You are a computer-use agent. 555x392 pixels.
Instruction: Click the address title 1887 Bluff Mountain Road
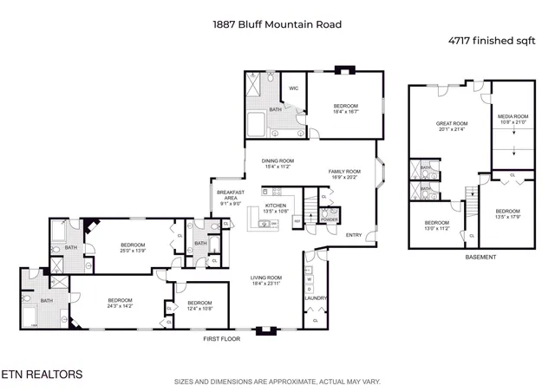point(277,24)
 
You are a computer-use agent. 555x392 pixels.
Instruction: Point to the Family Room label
point(343,172)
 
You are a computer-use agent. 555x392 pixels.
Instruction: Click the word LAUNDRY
point(314,300)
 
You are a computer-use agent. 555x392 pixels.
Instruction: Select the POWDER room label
point(330,219)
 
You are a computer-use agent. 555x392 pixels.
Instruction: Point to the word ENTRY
point(354,235)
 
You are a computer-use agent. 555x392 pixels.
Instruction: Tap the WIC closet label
point(294,88)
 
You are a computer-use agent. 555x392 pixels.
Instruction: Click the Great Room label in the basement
point(451,124)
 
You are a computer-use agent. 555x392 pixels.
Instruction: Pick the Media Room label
point(513,116)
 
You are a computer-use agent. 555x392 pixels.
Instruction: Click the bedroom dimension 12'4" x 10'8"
point(199,308)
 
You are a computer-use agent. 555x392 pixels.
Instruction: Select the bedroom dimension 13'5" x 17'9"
point(507,217)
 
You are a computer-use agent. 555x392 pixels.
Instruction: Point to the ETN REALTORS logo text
point(42,375)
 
